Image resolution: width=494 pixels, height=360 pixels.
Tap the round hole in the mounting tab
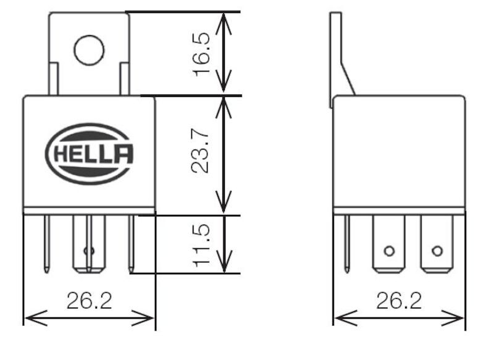[89, 50]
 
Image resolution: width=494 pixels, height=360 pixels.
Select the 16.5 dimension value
[202, 54]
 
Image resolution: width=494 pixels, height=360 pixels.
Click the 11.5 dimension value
[202, 245]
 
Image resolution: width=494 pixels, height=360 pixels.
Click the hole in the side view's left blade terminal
[388, 251]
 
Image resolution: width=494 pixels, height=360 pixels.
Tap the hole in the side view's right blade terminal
[437, 251]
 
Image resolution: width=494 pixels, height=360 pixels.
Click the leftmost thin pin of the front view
[47, 244]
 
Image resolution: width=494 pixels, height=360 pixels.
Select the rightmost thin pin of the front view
[131, 244]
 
